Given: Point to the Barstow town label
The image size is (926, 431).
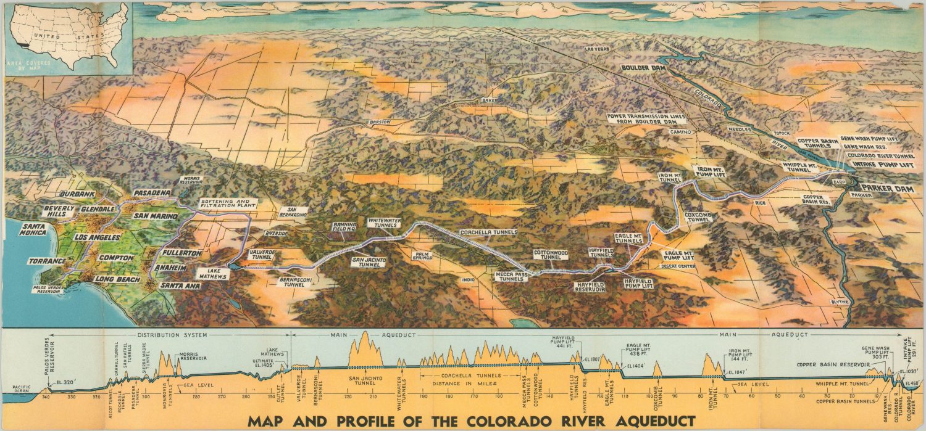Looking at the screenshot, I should [380, 122].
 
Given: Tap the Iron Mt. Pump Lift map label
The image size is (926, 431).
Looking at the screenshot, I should [711, 171].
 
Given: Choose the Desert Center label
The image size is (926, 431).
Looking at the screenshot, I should [678, 266].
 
